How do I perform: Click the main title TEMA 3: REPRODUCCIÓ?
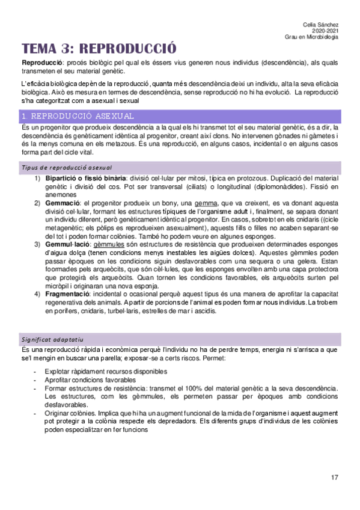(99, 49)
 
